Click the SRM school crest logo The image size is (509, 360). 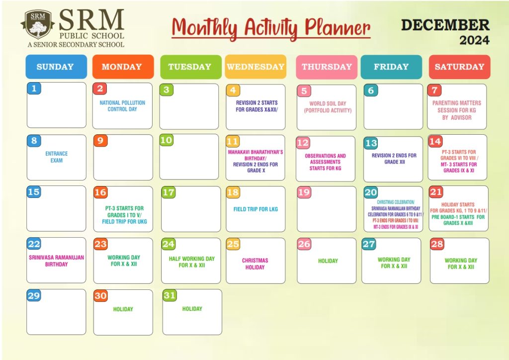[x=38, y=24]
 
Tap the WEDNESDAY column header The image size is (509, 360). [x=255, y=67]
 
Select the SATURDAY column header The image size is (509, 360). [x=459, y=67]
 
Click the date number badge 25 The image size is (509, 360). [x=233, y=244]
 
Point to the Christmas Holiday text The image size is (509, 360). [x=255, y=264]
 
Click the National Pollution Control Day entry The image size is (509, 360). [x=122, y=106]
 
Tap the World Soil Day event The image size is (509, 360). [x=328, y=107]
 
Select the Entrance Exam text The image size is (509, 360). [x=57, y=157]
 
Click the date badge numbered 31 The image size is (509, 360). [x=170, y=295]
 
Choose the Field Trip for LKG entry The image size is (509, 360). [x=255, y=209]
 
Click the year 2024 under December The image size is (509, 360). [x=474, y=40]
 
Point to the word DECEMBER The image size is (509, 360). [x=445, y=25]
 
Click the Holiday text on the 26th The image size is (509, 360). [x=328, y=261]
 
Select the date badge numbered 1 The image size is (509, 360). [x=34, y=89]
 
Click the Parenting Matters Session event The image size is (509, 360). [x=457, y=110]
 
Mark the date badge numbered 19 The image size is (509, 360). [x=304, y=192]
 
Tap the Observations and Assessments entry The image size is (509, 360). [x=325, y=162]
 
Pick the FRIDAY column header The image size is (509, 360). [x=391, y=67]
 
